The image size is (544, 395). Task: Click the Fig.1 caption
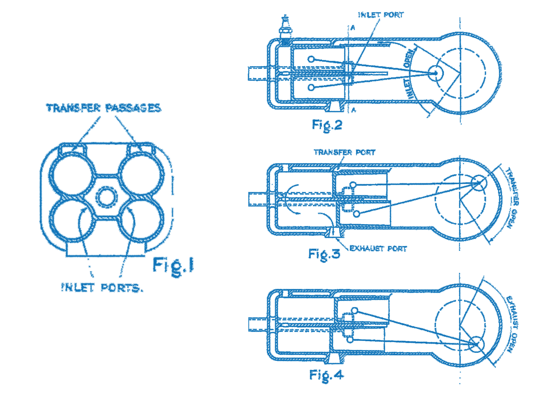pos(173,265)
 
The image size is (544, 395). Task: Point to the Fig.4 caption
pos(327,375)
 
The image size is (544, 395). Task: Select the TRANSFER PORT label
pos(344,152)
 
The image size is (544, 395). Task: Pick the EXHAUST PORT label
pos(378,248)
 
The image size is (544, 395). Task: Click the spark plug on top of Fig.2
pos(284,30)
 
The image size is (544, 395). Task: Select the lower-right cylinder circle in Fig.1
pos(142,221)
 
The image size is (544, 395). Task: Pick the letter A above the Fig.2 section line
pos(352,27)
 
